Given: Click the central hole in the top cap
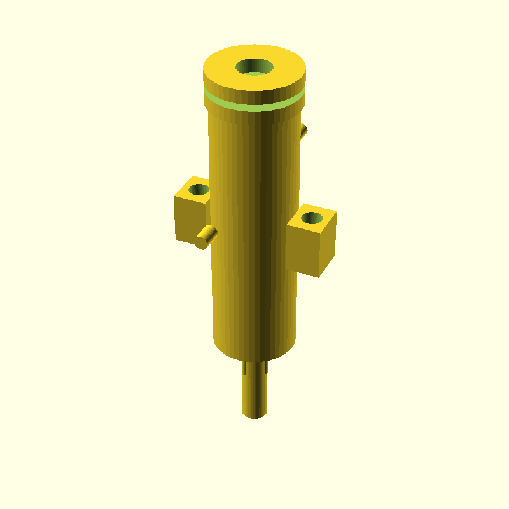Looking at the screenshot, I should coord(254,66).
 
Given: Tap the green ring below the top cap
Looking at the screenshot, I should coord(254,106).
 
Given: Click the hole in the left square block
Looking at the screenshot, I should coord(199,189).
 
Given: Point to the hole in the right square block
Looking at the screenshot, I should coord(311,218).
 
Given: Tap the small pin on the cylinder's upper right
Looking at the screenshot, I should coord(304,132).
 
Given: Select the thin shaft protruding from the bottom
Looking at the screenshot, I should coord(254,391).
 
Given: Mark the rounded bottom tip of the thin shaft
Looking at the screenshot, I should coord(254,415).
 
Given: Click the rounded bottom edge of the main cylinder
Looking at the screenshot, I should coord(254,353).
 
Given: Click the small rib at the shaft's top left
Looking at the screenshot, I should coord(245,368).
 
